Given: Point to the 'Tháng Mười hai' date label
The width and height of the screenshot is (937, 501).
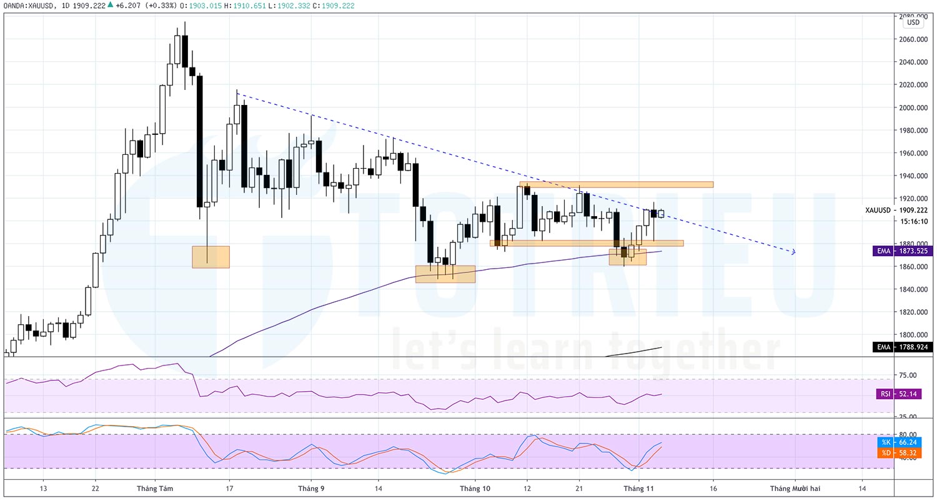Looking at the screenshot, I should pyautogui.click(x=795, y=489).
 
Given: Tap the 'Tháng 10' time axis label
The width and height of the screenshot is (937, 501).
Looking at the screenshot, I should pyautogui.click(x=475, y=489).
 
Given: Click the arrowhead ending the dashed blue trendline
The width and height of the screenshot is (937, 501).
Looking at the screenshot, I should pyautogui.click(x=793, y=252).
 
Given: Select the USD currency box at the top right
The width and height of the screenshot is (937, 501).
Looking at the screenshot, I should pyautogui.click(x=913, y=22).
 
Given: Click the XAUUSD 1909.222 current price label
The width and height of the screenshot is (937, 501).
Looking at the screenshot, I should pyautogui.click(x=899, y=211).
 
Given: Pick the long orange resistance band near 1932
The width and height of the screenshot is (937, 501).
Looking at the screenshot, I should pyautogui.click(x=616, y=184).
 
